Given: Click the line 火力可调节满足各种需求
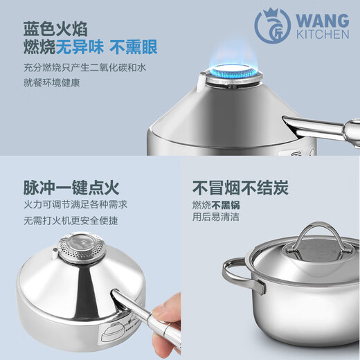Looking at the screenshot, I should pos(75,205).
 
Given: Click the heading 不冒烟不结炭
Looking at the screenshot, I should pos(240,187).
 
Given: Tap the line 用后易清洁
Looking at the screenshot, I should pos(216,217).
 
